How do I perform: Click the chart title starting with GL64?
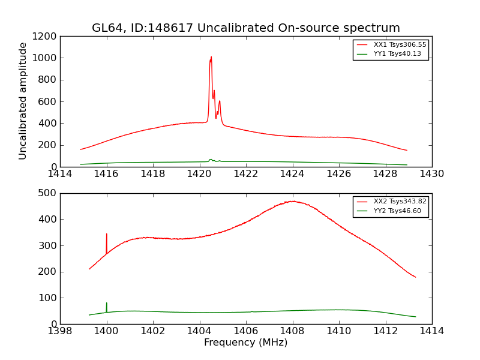coord(245,28)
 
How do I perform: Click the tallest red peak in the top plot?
coord(211,58)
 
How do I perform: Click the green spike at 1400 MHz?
coord(107,304)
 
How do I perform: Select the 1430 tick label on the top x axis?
coord(431,174)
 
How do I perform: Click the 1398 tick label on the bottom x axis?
coord(60,331)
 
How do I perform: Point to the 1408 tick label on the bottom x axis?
coord(292,331)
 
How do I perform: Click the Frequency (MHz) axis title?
coord(245,343)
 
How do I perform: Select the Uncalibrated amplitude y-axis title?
coord(23,101)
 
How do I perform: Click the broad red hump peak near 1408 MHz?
coord(293,201)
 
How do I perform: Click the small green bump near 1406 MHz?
coord(252,311)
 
